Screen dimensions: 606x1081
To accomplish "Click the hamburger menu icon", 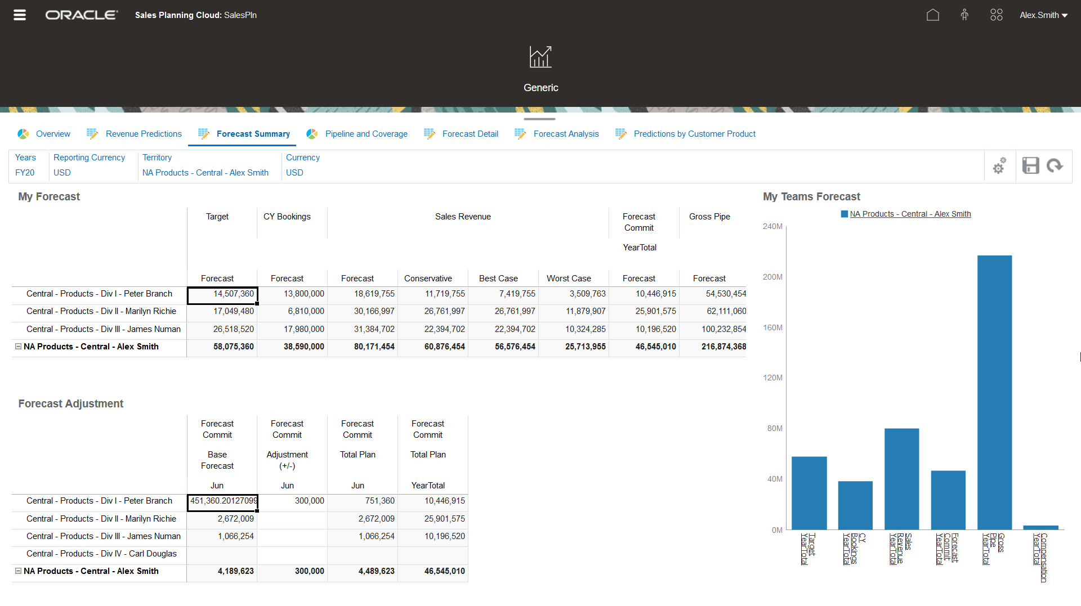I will pos(20,15).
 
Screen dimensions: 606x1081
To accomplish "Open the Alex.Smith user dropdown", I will pos(1043,15).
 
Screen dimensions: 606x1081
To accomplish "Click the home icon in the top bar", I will pos(933,15).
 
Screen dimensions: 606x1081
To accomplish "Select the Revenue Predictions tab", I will pos(143,134).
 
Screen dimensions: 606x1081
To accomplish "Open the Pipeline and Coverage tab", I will pos(366,134).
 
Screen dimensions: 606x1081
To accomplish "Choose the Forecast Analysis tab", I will pos(566,134).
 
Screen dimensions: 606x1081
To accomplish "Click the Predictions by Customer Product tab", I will pos(694,134).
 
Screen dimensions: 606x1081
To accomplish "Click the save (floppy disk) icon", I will pos(1030,165).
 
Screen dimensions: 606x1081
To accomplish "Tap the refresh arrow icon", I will pos(1055,165).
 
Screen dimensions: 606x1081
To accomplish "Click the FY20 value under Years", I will pos(25,173).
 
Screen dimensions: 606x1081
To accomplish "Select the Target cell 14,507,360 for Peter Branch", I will pos(222,294).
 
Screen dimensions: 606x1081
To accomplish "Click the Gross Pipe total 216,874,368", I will pos(723,347).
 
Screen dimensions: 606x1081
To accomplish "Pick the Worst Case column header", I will pos(569,279).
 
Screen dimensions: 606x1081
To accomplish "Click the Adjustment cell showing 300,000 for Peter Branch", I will pos(293,501).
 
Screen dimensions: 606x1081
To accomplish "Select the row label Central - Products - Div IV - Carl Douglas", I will pos(101,554).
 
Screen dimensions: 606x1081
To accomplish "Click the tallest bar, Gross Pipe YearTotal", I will pos(994,394).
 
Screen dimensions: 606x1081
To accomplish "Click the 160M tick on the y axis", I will pos(772,327).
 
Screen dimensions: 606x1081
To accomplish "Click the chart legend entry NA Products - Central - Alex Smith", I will pos(910,214).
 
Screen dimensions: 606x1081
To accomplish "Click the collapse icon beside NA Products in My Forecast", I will pos(18,347).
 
